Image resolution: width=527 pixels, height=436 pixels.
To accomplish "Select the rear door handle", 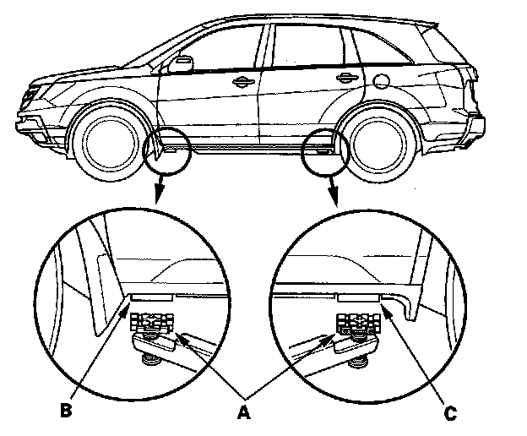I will click(345, 79).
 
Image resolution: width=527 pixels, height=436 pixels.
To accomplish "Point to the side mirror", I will click(180, 65).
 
